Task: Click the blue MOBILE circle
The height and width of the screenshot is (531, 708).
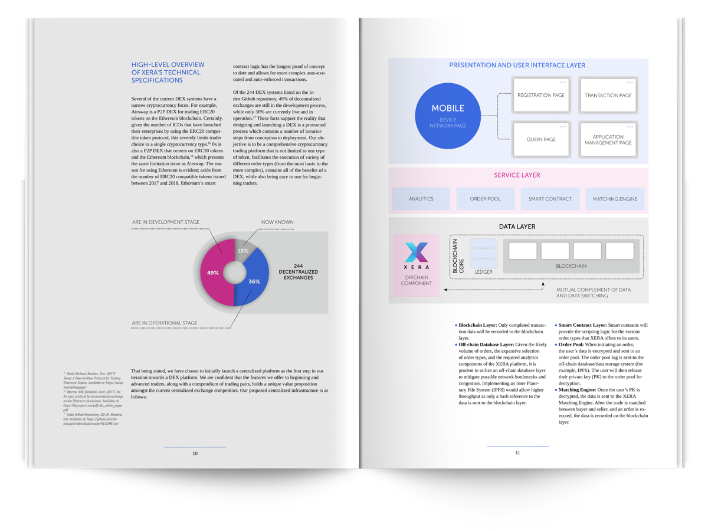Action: tap(448, 115)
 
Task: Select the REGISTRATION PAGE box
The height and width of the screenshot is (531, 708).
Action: tap(541, 95)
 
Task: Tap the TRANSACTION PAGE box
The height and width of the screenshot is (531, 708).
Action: tap(608, 95)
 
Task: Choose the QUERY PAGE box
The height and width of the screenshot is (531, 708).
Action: tap(541, 139)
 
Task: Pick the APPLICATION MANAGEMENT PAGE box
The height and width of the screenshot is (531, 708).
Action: tap(608, 139)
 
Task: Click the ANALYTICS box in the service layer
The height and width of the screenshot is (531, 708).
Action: tap(421, 199)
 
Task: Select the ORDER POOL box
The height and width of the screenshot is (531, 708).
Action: tap(485, 199)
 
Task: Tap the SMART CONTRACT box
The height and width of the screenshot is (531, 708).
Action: tap(550, 199)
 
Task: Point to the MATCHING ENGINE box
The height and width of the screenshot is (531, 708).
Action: tap(615, 199)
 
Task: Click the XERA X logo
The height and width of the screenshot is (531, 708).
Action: tap(417, 253)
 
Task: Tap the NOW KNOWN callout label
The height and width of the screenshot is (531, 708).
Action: tap(277, 222)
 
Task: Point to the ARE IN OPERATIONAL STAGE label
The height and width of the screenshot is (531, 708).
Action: tap(165, 323)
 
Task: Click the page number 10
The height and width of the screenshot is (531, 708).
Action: tap(195, 454)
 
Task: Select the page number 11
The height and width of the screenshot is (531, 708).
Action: tap(517, 453)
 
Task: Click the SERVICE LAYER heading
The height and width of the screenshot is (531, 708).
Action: tap(517, 175)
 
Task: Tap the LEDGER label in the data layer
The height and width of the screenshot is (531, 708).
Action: tap(483, 272)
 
